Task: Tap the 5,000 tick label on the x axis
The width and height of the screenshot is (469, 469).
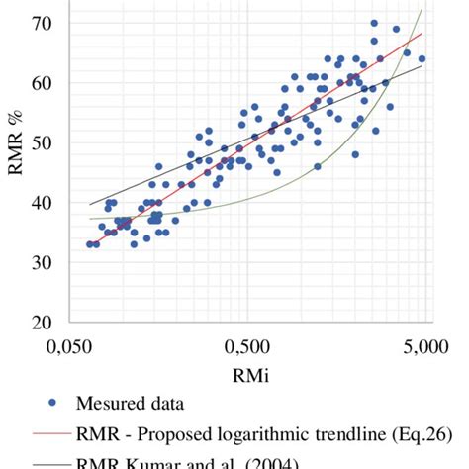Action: [426, 347]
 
